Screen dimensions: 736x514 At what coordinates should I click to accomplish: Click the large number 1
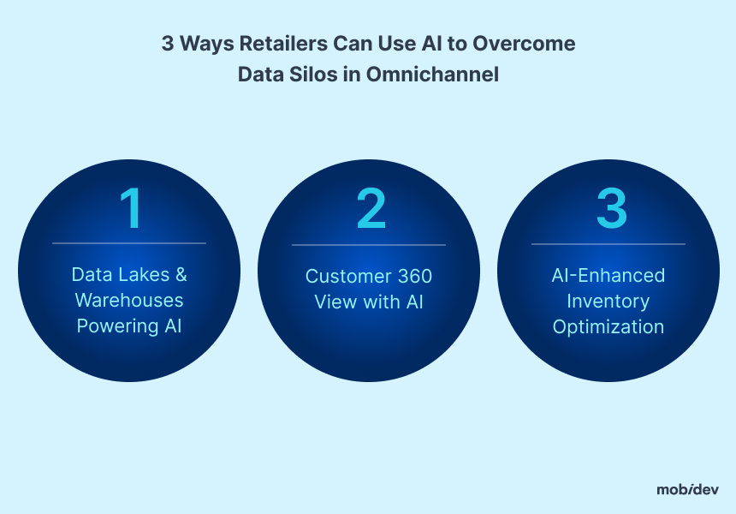tap(131, 207)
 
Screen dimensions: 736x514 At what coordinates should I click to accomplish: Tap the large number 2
tap(371, 207)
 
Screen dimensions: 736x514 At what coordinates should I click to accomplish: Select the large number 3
tap(612, 207)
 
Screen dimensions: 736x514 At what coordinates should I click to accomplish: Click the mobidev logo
tap(688, 489)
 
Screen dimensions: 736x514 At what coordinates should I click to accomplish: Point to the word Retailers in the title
tap(283, 43)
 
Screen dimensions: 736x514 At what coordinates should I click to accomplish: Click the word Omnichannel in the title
tap(432, 75)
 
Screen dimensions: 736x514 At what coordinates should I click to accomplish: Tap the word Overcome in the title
tap(524, 43)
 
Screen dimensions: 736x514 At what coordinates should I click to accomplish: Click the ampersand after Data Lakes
tap(181, 274)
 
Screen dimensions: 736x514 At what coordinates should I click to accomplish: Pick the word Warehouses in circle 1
tap(129, 300)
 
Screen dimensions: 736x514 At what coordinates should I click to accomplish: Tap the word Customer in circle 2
tap(347, 276)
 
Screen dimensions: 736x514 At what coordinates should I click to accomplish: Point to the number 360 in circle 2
tap(415, 276)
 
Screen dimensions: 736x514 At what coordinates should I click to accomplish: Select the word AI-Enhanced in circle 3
tap(608, 275)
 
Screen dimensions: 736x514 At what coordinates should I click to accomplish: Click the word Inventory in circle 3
tap(608, 302)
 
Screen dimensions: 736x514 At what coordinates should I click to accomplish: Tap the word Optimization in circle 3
tap(608, 326)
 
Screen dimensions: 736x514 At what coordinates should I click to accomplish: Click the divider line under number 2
tap(369, 245)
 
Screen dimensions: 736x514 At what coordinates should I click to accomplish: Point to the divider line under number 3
tap(608, 244)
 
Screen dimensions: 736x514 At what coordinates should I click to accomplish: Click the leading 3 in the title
tap(168, 43)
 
